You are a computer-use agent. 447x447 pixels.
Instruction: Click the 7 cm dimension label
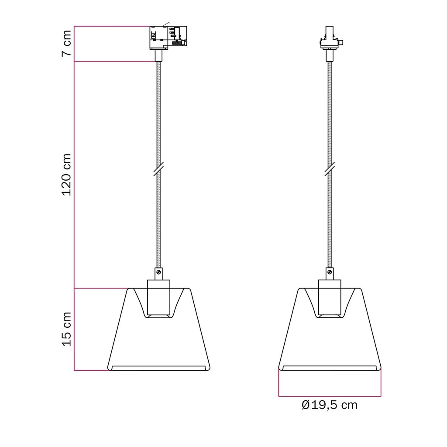pyautogui.click(x=66, y=43)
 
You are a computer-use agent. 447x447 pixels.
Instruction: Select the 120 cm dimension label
pyautogui.click(x=66, y=175)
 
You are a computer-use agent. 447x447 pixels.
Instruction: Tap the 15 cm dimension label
pyautogui.click(x=66, y=329)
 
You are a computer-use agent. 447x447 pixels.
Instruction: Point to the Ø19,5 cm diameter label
pyautogui.click(x=329, y=405)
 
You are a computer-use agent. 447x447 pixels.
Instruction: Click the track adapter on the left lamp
pyautogui.click(x=168, y=38)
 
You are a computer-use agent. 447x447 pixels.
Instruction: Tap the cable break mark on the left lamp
pyautogui.click(x=158, y=169)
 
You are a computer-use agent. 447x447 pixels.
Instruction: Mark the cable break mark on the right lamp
pyautogui.click(x=330, y=169)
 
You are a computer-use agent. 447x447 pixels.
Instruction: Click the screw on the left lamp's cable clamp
pyautogui.click(x=159, y=272)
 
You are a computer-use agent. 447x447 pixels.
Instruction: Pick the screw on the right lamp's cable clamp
pyautogui.click(x=330, y=272)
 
